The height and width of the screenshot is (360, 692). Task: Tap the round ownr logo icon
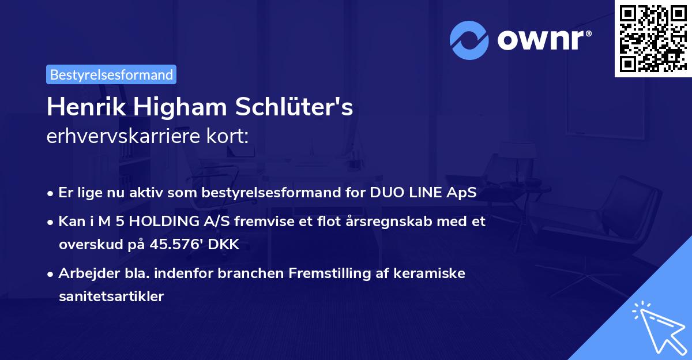click(469, 40)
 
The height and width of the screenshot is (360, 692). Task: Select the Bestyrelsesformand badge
click(111, 74)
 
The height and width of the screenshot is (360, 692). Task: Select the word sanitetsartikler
click(111, 297)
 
